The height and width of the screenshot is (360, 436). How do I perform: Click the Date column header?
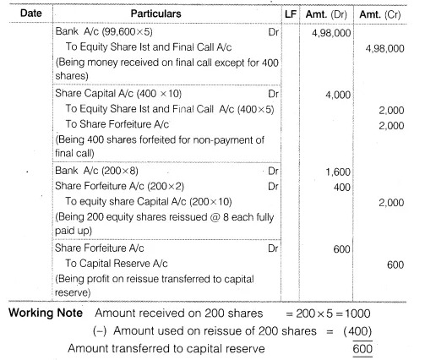(x=30, y=14)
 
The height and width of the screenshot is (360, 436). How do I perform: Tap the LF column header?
(x=292, y=15)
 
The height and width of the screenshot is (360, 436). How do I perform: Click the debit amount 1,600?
(x=340, y=172)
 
